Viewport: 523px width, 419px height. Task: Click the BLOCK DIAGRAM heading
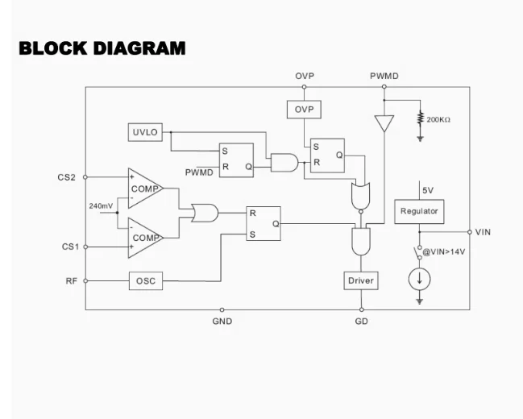[x=102, y=48]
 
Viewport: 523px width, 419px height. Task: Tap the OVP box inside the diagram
[x=304, y=109]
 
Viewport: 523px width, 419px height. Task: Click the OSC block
[x=145, y=281]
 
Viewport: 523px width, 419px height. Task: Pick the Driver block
[x=360, y=280]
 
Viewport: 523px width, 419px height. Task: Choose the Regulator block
[x=419, y=211]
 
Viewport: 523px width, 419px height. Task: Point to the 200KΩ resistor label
[x=438, y=120]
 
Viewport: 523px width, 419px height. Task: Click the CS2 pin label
[x=67, y=177]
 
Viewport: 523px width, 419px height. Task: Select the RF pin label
[x=72, y=281]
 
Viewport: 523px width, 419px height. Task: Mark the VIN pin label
[x=483, y=232]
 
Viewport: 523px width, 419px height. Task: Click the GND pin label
[x=222, y=321]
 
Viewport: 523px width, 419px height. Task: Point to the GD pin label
[x=361, y=321]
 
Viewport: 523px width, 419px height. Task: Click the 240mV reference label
[x=101, y=206]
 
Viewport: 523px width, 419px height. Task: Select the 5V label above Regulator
[x=427, y=190]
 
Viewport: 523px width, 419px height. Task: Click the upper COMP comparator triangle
[x=143, y=189]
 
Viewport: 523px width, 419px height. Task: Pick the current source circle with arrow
[x=420, y=279]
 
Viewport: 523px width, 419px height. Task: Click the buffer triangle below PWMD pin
[x=384, y=124]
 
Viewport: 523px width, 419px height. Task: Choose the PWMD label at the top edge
[x=384, y=77]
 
